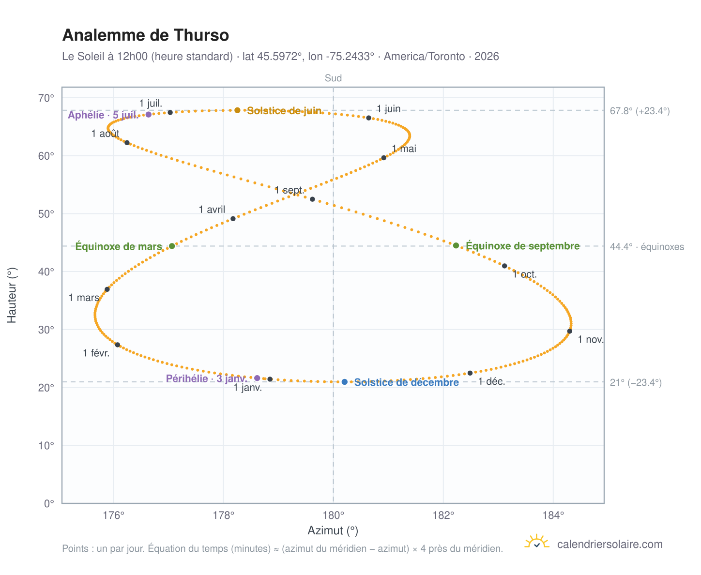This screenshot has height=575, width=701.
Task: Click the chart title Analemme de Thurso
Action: coord(145,35)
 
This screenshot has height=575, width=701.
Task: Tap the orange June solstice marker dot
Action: coord(237,110)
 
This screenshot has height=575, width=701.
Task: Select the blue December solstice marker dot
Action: coord(344,381)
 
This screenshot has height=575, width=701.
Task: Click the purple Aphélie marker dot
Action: coord(149,114)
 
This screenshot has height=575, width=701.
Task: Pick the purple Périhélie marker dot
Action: coord(257,378)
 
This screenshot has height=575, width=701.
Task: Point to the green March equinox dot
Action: coord(172,245)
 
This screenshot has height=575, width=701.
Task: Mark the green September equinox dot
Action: coord(456,245)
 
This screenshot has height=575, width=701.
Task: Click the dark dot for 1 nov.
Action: coord(569,331)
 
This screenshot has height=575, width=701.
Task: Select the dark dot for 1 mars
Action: coord(107,289)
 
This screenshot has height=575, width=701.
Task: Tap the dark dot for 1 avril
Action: coord(233,218)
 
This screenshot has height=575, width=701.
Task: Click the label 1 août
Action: coord(106,133)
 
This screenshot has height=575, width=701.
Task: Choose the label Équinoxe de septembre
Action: coord(522,245)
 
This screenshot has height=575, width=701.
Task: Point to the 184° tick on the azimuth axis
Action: coord(553,515)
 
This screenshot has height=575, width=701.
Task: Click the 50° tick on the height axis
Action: coord(46,214)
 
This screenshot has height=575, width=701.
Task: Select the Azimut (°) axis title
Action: coord(333,530)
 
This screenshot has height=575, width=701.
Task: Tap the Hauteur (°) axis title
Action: coord(12,295)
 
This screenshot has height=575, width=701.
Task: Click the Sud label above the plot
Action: coord(333,78)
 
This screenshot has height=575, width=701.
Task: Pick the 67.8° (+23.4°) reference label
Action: coord(639,111)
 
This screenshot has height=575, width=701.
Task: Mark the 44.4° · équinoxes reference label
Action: coord(646,247)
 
